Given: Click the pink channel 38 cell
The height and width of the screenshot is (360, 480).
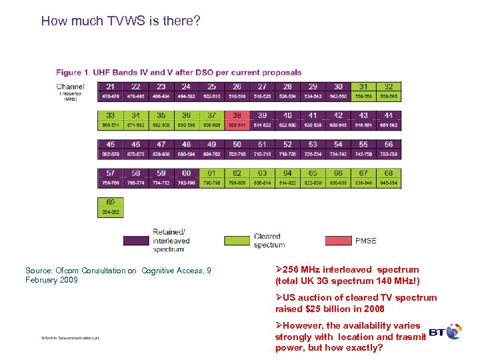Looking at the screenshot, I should coord(237,120).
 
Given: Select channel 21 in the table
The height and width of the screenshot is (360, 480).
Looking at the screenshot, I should coord(110,91).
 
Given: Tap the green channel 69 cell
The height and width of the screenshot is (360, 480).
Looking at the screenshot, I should coord(110,206).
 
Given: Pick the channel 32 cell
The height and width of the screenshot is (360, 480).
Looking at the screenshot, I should coord(389,91).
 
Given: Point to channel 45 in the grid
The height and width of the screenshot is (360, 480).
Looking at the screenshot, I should coord(110,149).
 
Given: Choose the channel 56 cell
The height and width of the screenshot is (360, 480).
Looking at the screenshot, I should coord(389,149).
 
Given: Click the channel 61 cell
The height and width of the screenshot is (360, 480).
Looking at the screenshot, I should coord(211,177).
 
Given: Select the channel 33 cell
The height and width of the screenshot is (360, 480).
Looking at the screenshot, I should coord(110,120).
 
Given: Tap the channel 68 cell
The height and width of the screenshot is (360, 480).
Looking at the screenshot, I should coord(389,177).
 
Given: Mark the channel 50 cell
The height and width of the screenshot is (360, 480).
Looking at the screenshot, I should coord(237,149).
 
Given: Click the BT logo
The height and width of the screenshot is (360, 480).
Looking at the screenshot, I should coord(445,331).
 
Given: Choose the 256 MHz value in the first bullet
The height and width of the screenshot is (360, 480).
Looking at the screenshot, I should coord(305,270).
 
